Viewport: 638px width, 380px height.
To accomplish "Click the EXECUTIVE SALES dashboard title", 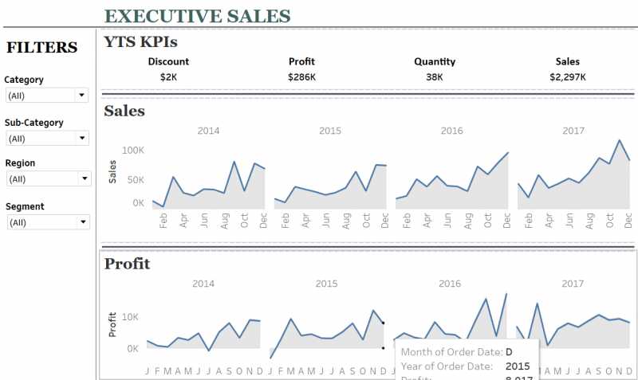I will point(197,16).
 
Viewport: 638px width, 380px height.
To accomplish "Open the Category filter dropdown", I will point(47,96).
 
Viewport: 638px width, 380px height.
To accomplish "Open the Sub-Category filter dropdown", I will point(47,139).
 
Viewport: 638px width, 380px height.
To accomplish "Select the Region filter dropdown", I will point(47,178).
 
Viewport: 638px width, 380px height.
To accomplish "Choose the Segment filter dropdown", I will point(47,222).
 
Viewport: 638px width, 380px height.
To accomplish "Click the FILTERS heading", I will point(41,48).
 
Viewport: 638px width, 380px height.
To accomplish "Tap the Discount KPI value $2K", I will point(168,77).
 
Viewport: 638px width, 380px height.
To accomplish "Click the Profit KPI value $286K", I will point(301,77).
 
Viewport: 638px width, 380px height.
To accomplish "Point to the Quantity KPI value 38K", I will point(435,77).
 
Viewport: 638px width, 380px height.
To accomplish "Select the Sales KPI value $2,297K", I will point(567,77).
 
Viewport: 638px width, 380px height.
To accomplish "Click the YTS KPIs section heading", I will point(140,42).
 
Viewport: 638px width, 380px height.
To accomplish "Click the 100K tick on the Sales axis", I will point(132,150).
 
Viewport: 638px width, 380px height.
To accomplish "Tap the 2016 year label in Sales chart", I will point(451,131).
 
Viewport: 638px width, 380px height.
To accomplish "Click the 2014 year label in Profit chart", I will point(203,284).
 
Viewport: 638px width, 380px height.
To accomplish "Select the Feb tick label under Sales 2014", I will point(163,221).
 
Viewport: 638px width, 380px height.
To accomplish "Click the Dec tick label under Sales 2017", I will point(628,221).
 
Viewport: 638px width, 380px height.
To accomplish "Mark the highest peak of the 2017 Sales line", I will point(619,140).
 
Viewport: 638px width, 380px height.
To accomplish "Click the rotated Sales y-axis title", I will point(112,171).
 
